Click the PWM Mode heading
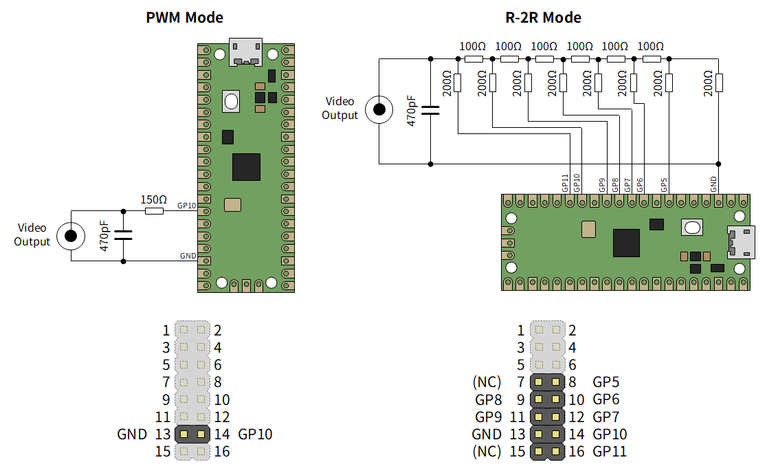pyautogui.click(x=184, y=18)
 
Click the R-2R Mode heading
pyautogui.click(x=543, y=18)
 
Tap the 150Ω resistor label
pyautogui.click(x=153, y=199)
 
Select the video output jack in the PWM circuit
pyautogui.click(x=71, y=236)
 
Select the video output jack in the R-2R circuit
pyautogui.click(x=379, y=109)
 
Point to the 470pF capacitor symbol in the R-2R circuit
pyautogui.click(x=430, y=111)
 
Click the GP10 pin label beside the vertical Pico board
pyautogui.click(x=186, y=206)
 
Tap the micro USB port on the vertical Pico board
pyautogui.click(x=245, y=52)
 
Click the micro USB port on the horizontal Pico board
pyautogui.click(x=741, y=242)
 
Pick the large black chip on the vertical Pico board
pyautogui.click(x=246, y=167)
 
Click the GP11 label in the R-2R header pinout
pyautogui.click(x=610, y=451)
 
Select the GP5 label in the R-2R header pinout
pyautogui.click(x=606, y=382)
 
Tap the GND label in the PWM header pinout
pyautogui.click(x=132, y=434)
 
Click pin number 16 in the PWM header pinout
pyautogui.click(x=221, y=452)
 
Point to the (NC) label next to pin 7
pyautogui.click(x=487, y=382)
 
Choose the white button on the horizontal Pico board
pyautogui.click(x=692, y=228)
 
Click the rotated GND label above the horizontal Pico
pyautogui.click(x=713, y=184)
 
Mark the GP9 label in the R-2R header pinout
pyautogui.click(x=488, y=417)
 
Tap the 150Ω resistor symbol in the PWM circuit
pyautogui.click(x=154, y=211)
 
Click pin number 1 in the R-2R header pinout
pyautogui.click(x=520, y=331)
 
